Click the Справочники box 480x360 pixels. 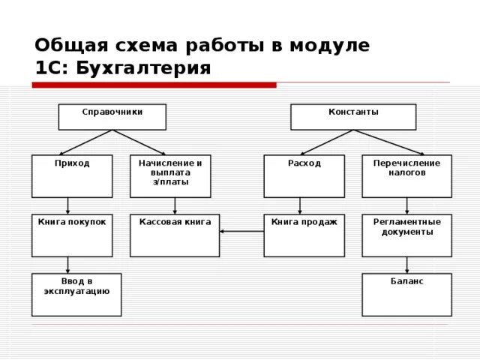pos(112,116)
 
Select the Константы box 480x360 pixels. pos(353,116)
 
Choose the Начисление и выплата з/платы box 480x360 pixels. pos(170,175)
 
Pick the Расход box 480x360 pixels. pos(304,175)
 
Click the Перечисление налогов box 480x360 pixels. pos(406,175)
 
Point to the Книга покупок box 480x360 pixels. pos(72,235)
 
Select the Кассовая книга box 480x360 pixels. pos(175,235)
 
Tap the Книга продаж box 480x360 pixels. pos(304,235)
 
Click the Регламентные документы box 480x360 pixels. pos(406,235)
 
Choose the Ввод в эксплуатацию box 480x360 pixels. pos(76,294)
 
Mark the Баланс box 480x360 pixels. pos(406,294)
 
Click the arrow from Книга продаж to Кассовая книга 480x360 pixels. pos(241,231)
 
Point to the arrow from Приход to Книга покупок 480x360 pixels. pos(68,205)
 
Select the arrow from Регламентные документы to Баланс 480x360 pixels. pos(406,265)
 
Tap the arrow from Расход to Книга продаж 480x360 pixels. pos(300,205)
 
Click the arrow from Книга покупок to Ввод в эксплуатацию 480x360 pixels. pos(68,265)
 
